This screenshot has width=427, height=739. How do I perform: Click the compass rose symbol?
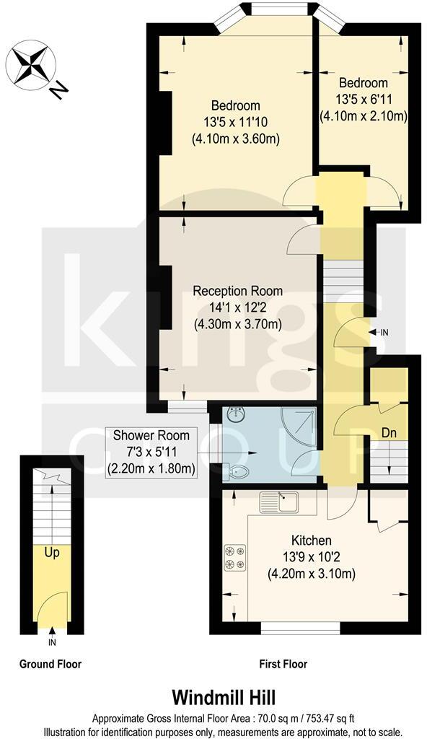click(x=30, y=64)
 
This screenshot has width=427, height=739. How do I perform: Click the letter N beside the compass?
click(x=59, y=90)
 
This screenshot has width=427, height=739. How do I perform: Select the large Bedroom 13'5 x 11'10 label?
click(x=236, y=122)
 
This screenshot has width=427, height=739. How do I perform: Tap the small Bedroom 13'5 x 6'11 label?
click(x=364, y=98)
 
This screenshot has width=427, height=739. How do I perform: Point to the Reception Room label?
click(x=237, y=308)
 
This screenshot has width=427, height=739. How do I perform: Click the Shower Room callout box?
click(x=151, y=452)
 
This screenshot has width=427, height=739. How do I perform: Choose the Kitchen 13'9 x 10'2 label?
click(x=311, y=557)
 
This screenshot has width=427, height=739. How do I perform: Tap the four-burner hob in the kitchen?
click(x=235, y=556)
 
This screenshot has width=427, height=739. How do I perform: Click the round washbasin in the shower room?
click(x=237, y=415)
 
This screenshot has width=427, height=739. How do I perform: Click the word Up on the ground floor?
click(x=51, y=554)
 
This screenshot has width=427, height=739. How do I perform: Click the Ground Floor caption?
click(x=50, y=664)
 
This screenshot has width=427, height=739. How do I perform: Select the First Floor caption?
click(x=283, y=664)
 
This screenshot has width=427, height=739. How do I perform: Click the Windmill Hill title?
click(x=213, y=698)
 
